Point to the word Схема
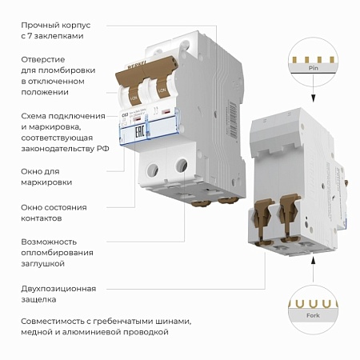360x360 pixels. [34, 114]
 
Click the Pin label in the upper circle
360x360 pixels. [313, 70]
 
